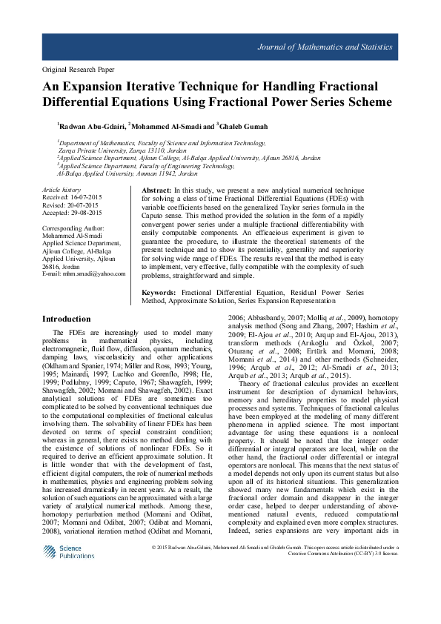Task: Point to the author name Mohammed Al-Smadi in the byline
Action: (x=167, y=125)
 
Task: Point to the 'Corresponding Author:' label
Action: (x=73, y=228)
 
